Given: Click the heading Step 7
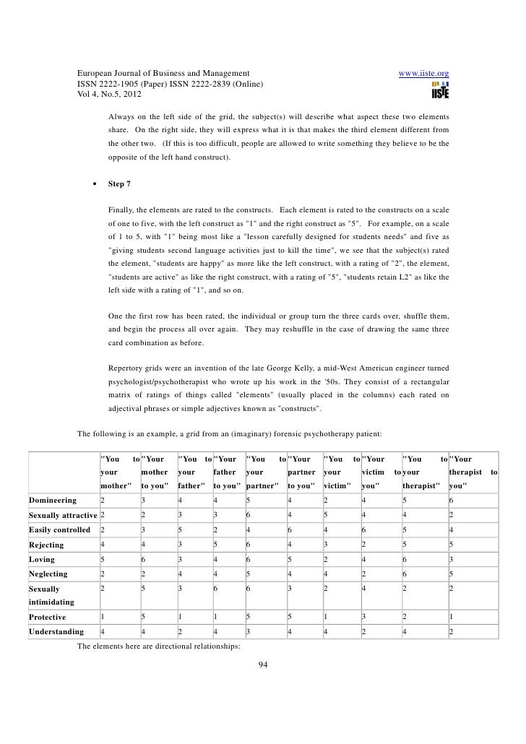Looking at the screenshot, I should pyautogui.click(x=119, y=183).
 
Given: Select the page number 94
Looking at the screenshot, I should pyautogui.click(x=263, y=665).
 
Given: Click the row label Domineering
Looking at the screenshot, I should pyautogui.click(x=53, y=500).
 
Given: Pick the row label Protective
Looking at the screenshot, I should pyautogui.click(x=47, y=617).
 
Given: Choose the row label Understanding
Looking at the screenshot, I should pyautogui.click(x=54, y=631).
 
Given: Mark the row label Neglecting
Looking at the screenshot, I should pyautogui.click(x=48, y=574).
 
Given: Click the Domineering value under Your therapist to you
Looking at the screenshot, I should pyautogui.click(x=451, y=500).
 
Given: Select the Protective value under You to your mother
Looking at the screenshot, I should pyautogui.click(x=103, y=617).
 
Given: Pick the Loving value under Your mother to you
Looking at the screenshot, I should pyautogui.click(x=144, y=556).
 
